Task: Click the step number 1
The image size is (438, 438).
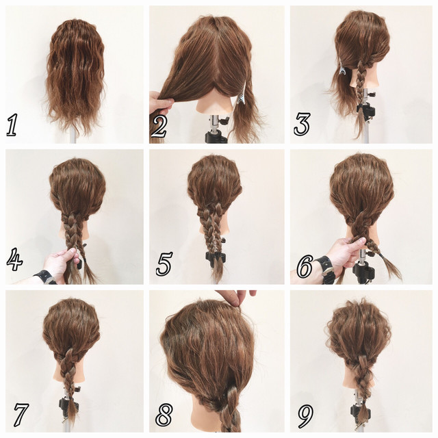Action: (12, 125)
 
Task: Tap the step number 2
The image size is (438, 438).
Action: (159, 126)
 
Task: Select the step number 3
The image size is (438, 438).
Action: (302, 124)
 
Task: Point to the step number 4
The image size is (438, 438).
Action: (14, 260)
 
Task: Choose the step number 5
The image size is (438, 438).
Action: (164, 263)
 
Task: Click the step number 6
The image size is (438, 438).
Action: (305, 267)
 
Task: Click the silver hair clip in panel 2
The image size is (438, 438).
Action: (241, 94)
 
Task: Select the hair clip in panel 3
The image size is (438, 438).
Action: (343, 69)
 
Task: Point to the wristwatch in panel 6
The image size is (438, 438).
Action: (325, 270)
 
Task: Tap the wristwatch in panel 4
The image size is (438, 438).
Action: (44, 277)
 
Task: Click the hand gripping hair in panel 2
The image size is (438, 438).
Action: (161, 103)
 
